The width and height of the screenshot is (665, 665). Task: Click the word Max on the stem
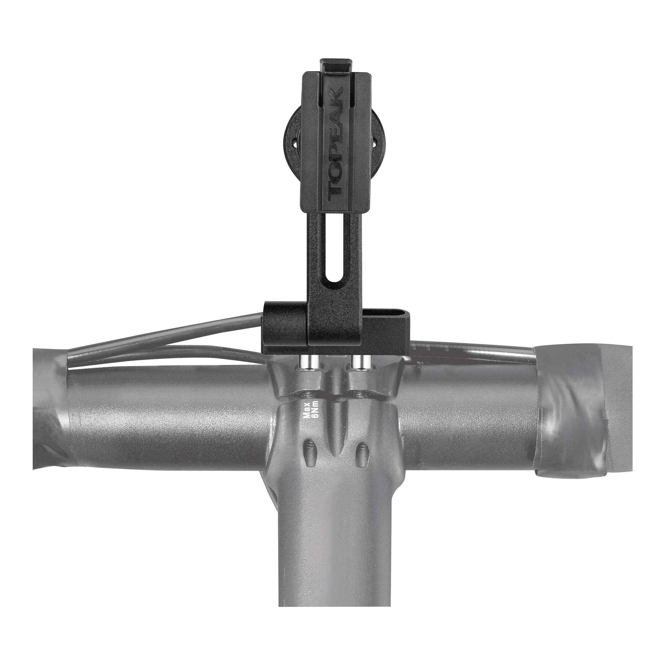click(x=307, y=410)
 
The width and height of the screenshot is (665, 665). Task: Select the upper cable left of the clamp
click(x=172, y=329)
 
